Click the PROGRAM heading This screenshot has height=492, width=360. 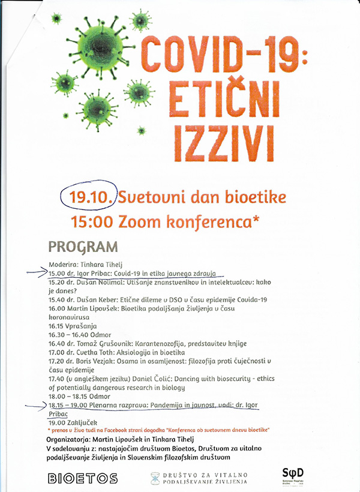[x=83, y=247]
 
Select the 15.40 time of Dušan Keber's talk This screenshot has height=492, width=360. [x=58, y=299]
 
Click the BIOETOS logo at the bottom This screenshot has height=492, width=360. [x=82, y=478]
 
